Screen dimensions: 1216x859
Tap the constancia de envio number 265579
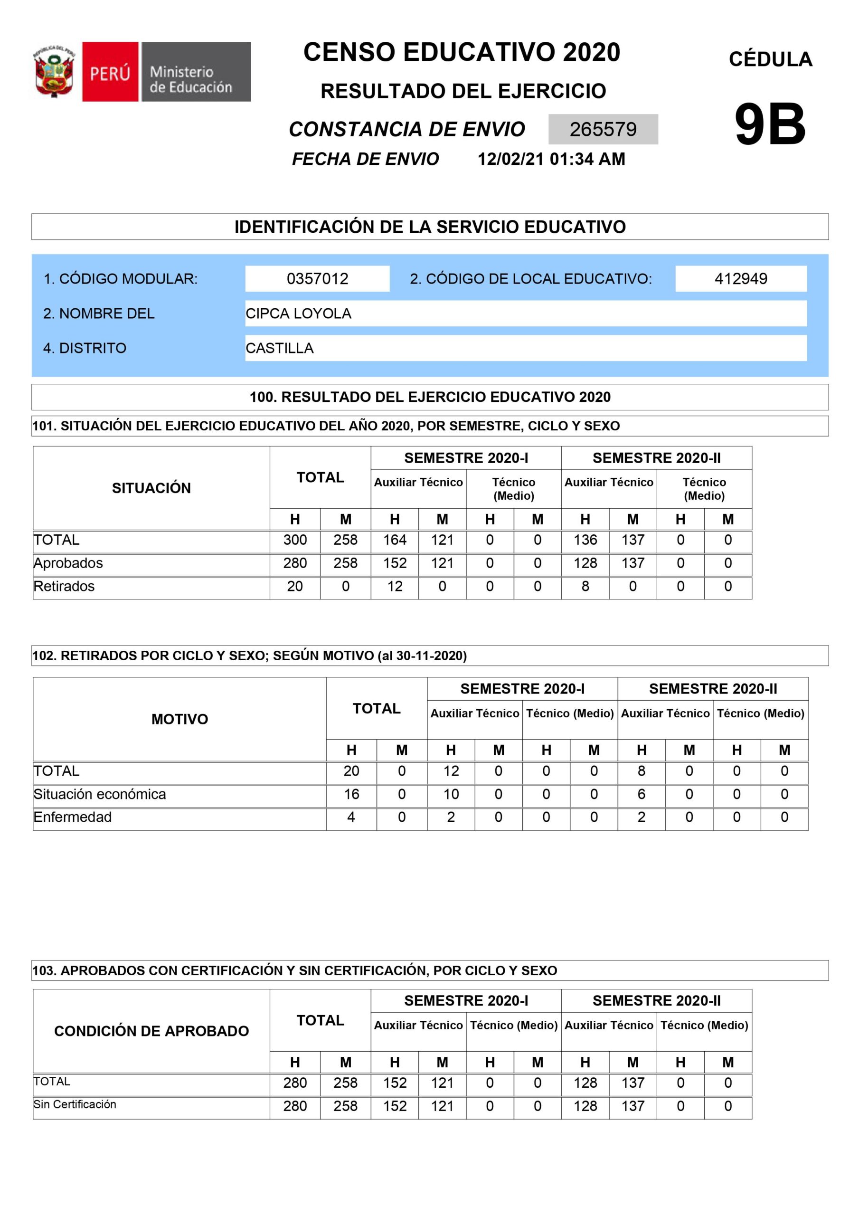[603, 129]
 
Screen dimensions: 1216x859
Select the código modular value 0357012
[317, 278]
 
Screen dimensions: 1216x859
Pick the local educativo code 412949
[740, 278]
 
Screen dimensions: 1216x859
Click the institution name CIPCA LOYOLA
[298, 313]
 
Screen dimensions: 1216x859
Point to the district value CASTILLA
[280, 348]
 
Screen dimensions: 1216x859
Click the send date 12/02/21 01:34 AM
[551, 159]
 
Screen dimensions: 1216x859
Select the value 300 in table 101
[295, 540]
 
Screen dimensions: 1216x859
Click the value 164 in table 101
[395, 540]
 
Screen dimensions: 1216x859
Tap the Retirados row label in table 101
[64, 586]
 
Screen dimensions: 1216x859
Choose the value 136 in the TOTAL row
[585, 540]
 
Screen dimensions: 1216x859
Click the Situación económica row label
[100, 794]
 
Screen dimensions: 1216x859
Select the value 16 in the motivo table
[351, 794]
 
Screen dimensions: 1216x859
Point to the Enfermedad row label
[73, 817]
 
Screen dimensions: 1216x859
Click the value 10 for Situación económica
[451, 794]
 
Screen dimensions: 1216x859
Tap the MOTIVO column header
[179, 719]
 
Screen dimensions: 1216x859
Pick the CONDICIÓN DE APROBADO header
[151, 1031]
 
